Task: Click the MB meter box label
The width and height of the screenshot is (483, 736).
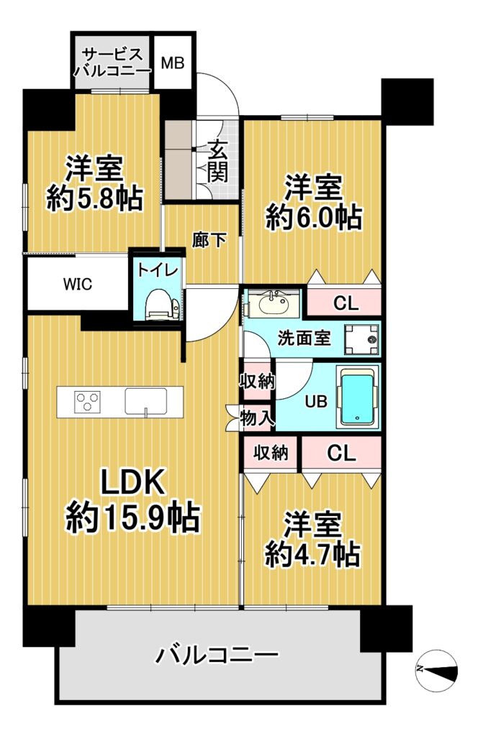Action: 173,63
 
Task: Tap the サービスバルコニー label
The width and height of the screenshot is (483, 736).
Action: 112,63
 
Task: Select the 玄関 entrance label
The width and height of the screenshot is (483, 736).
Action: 217,162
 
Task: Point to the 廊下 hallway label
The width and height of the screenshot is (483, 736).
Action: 209,240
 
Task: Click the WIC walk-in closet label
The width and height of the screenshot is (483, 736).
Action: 77,285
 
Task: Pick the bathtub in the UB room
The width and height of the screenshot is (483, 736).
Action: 358,396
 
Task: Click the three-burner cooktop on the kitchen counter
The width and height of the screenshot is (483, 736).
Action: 88,401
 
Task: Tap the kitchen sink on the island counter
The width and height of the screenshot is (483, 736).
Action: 146,402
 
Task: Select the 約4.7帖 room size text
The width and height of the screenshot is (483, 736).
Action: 312,556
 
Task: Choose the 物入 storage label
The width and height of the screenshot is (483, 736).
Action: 256,418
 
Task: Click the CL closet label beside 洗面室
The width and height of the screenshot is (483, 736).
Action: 346,303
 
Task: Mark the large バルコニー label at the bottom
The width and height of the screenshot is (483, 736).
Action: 218,655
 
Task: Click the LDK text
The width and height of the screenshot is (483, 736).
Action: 134,482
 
